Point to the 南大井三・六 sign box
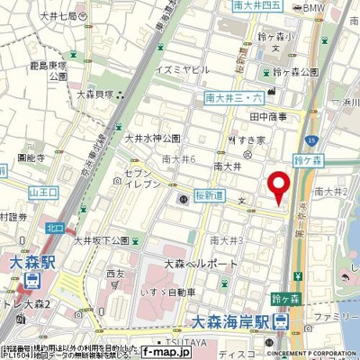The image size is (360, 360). pos(232,97)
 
